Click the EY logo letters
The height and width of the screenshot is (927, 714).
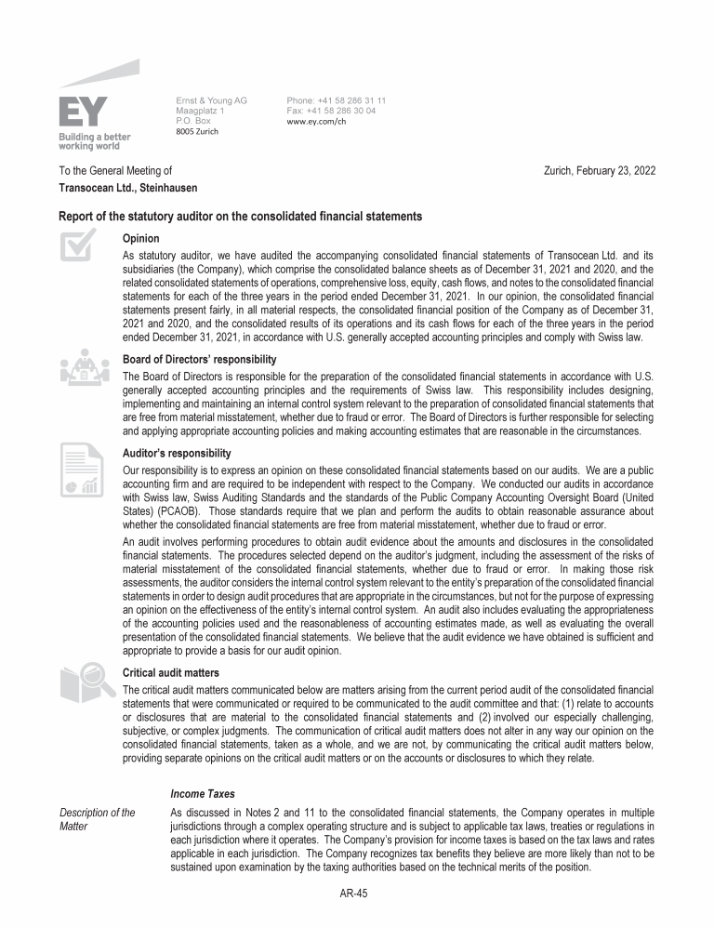click(84, 112)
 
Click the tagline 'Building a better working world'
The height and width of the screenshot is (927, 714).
click(95, 141)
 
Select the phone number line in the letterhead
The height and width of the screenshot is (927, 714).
click(337, 100)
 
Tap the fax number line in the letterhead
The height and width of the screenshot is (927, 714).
click(331, 111)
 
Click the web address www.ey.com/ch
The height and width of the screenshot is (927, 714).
click(316, 121)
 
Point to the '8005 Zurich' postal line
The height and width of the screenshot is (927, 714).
click(197, 131)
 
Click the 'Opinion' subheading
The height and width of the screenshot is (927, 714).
click(140, 239)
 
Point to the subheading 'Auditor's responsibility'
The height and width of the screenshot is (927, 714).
click(177, 454)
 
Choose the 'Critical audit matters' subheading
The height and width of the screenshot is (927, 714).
click(172, 671)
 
